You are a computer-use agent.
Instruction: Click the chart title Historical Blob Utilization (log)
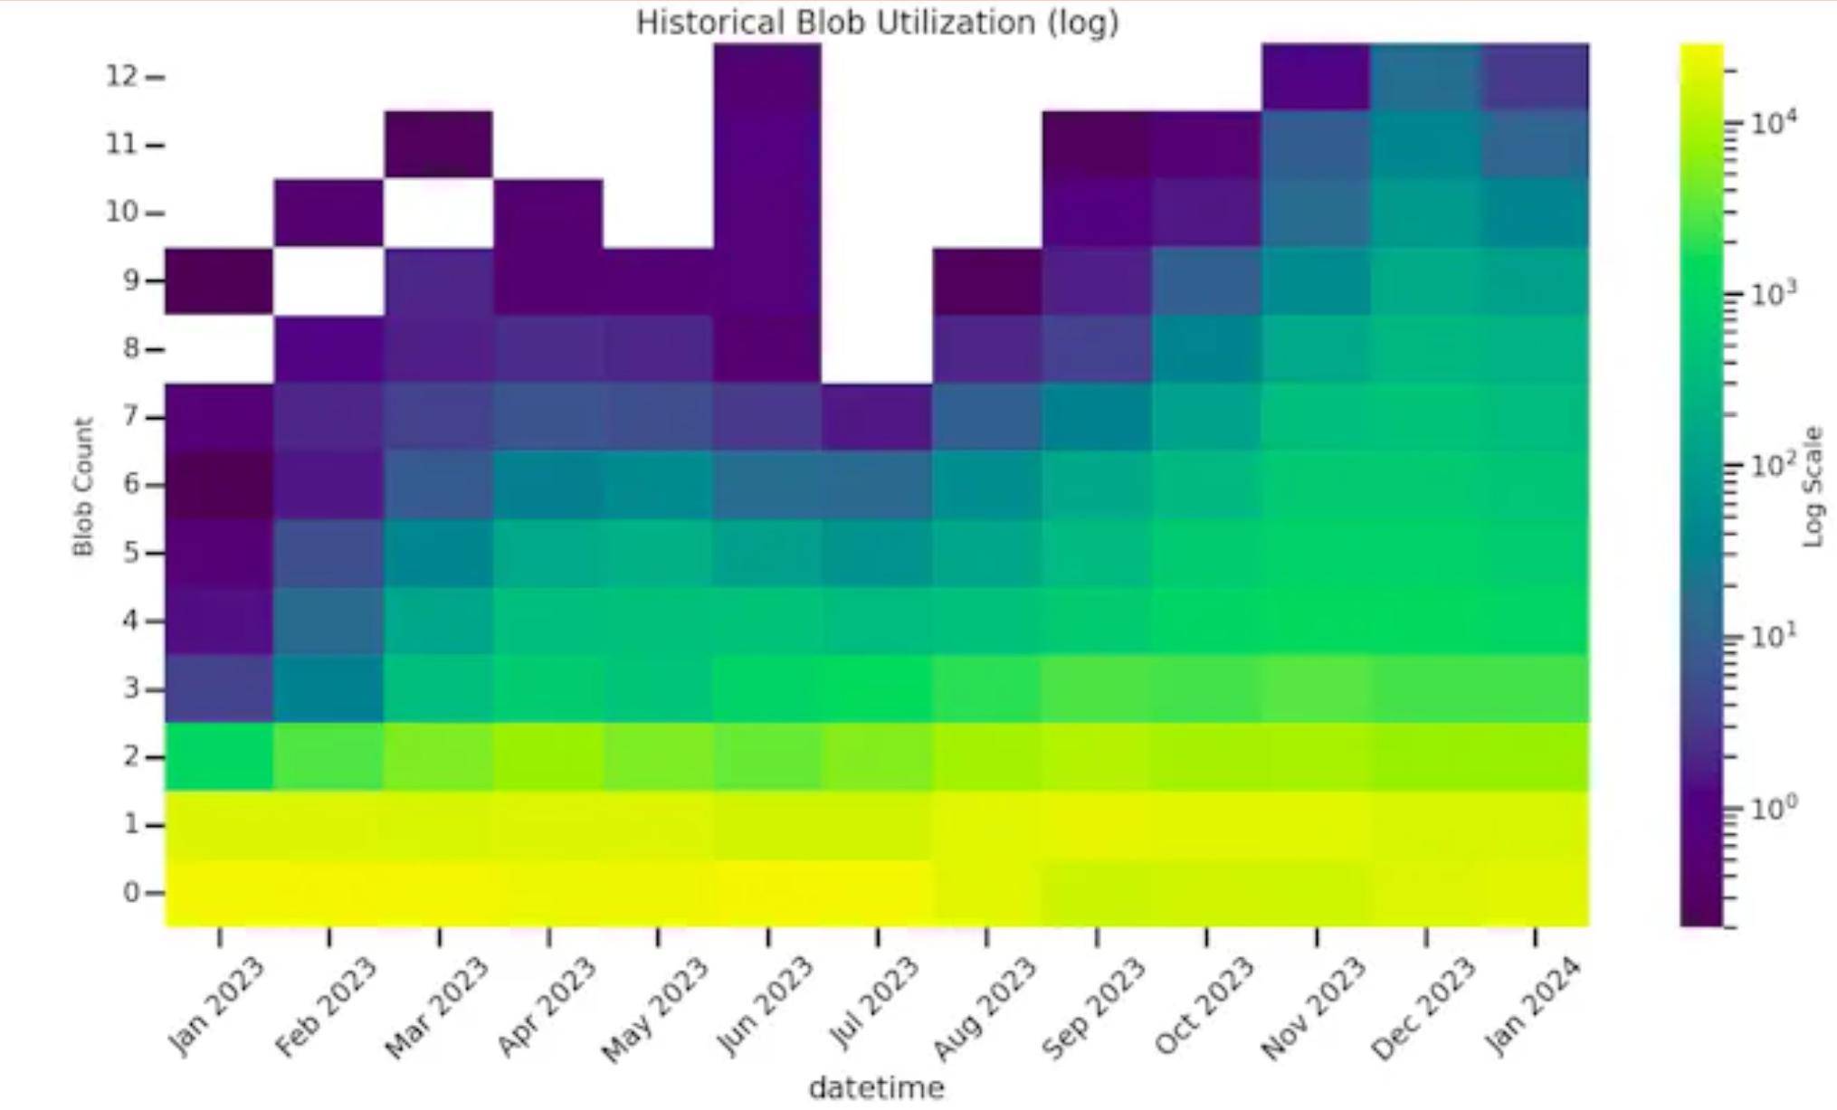tap(877, 23)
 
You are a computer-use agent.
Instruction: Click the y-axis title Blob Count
tap(83, 487)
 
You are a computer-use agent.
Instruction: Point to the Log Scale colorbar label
tap(1813, 487)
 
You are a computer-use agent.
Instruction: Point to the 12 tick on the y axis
tap(122, 76)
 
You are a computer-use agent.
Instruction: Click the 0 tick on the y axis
tap(132, 893)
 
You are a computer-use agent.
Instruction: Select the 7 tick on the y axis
tap(132, 417)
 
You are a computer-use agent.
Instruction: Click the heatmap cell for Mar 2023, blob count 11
tap(439, 145)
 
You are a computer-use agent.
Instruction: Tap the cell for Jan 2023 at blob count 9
tap(219, 281)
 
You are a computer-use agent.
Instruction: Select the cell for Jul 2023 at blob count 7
tap(877, 417)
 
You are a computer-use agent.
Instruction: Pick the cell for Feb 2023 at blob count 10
tap(329, 213)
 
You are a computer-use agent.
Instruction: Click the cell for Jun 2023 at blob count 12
tap(767, 77)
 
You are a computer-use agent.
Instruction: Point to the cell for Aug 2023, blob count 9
tap(987, 281)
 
